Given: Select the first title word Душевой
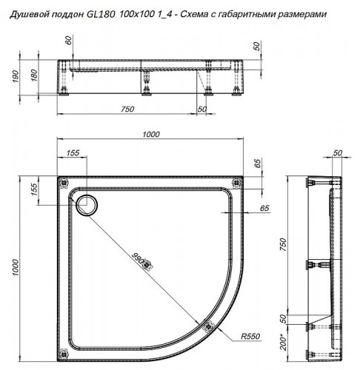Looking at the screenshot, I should (x=25, y=14).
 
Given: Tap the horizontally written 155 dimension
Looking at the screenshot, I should (x=73, y=152).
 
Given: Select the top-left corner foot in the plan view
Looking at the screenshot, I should (x=62, y=181).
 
